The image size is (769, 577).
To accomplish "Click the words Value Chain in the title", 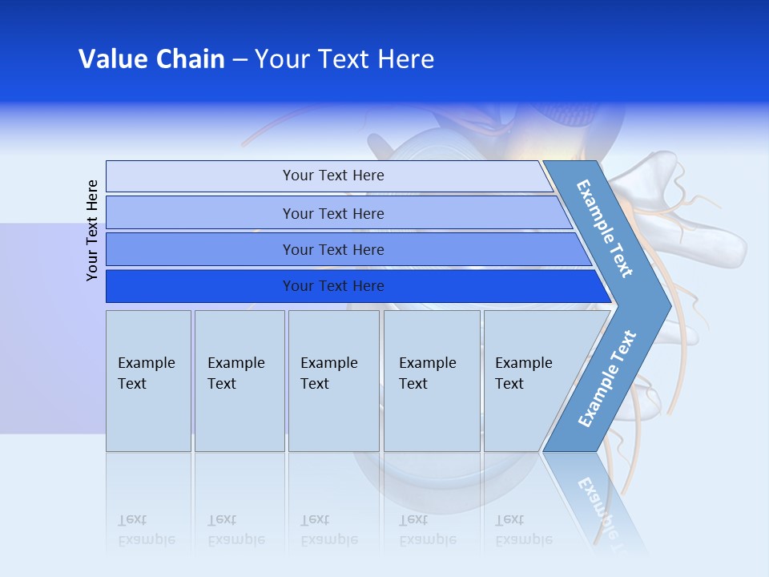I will pyautogui.click(x=151, y=59).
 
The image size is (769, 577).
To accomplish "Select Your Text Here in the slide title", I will pyautogui.click(x=344, y=59).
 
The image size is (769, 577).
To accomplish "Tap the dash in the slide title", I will pyautogui.click(x=240, y=60).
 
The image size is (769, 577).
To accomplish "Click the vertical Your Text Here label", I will pyautogui.click(x=92, y=230).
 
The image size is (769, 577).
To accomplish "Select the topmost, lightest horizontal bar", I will pyautogui.click(x=333, y=176).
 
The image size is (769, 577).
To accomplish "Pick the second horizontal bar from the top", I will pyautogui.click(x=333, y=213).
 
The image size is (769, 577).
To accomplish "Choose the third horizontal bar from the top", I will pyautogui.click(x=333, y=249).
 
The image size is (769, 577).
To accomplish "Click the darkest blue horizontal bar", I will pyautogui.click(x=333, y=286).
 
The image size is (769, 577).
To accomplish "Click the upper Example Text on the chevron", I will pyautogui.click(x=605, y=228).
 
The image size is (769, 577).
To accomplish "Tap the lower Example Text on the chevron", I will pyautogui.click(x=607, y=378).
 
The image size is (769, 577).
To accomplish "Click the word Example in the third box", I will pyautogui.click(x=328, y=363).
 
